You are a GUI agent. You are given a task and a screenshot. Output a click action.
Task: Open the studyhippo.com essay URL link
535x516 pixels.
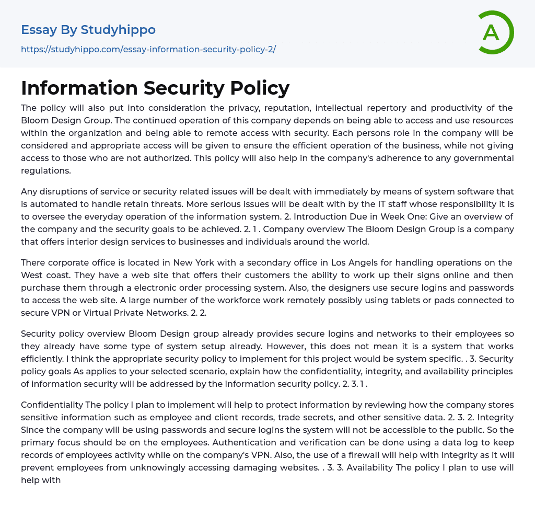click(148, 50)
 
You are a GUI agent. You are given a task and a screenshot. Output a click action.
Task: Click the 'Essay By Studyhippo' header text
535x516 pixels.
click(88, 30)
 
